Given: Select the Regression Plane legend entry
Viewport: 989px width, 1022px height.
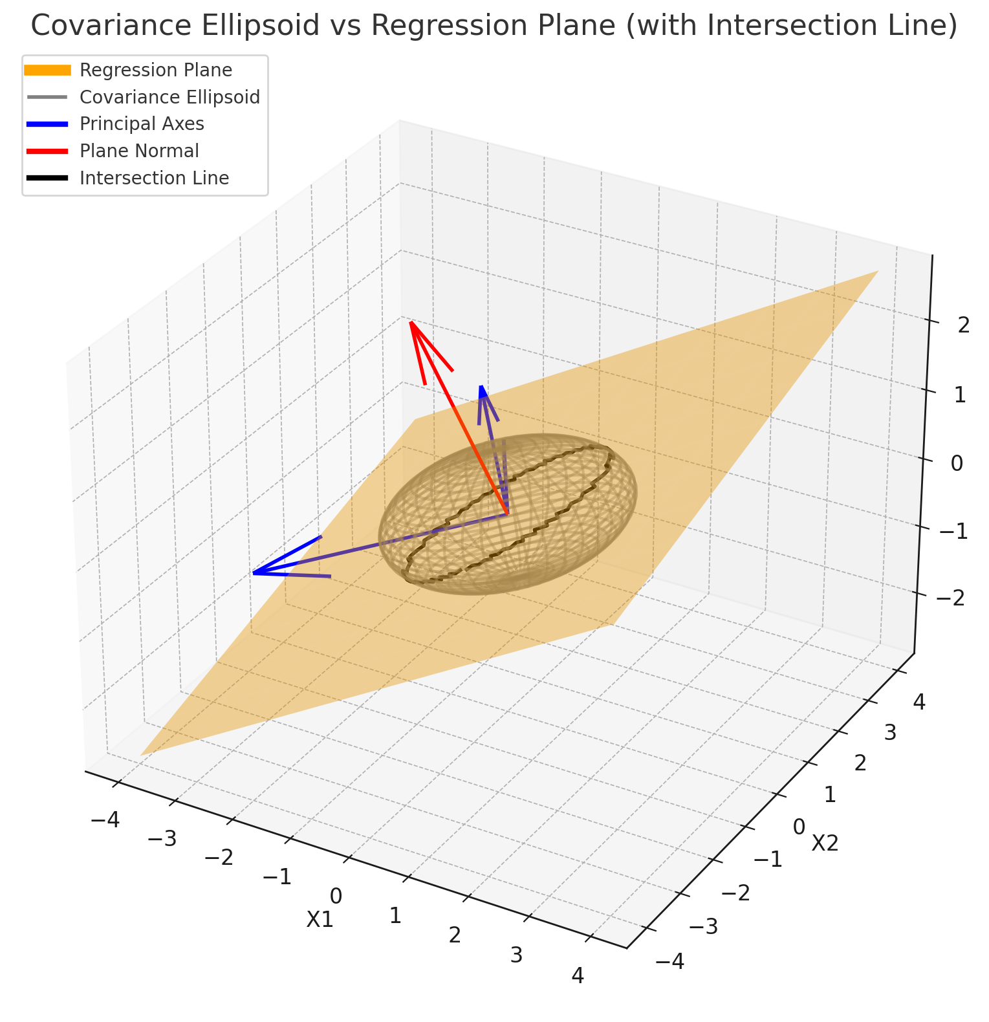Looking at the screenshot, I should tap(155, 70).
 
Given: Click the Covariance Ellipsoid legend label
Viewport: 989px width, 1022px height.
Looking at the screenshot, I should tap(169, 97).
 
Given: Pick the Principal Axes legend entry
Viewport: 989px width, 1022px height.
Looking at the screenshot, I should tap(142, 124).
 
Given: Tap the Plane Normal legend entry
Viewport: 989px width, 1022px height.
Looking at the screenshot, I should tap(139, 151).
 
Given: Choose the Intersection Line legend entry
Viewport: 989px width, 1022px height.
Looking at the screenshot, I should tap(154, 178).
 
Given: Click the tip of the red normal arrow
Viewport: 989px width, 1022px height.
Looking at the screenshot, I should tap(410, 321).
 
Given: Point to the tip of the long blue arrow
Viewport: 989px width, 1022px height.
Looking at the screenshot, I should tap(253, 573).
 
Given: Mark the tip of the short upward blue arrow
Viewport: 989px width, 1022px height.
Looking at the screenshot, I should tap(481, 386).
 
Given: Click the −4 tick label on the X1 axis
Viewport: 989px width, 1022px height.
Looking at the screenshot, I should tap(105, 820).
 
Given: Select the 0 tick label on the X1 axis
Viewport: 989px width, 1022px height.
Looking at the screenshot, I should tap(336, 897).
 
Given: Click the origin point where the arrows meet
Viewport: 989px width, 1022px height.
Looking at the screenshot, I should tap(508, 514).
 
